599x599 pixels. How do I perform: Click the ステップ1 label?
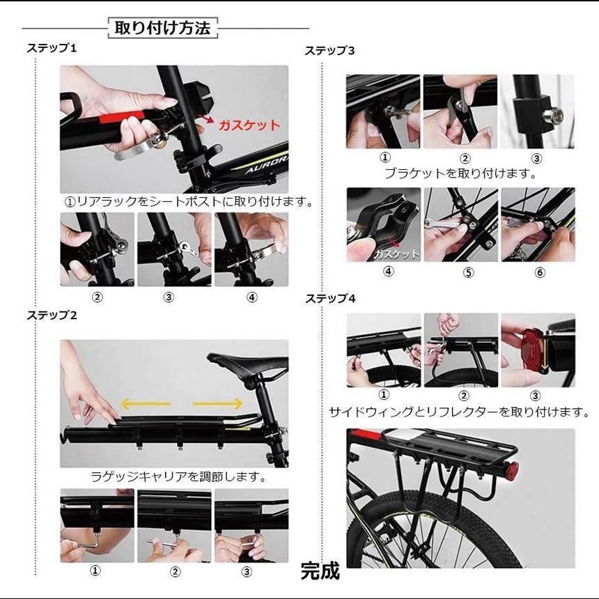52,48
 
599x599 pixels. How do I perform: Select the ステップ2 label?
52,315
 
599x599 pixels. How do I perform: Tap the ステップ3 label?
330,51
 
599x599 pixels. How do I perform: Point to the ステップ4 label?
330,299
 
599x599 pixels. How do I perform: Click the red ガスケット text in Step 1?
249,126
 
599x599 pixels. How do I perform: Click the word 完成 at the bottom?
320,571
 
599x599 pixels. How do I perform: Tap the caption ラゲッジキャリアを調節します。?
179,477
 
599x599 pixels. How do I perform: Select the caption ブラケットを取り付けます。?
460,173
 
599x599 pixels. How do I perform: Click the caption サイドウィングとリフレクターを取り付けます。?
460,412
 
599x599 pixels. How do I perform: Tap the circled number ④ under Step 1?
251,297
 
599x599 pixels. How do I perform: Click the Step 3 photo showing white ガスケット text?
384,224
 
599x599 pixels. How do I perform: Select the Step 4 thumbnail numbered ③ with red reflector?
538,350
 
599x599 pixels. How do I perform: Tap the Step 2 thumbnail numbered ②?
174,526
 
